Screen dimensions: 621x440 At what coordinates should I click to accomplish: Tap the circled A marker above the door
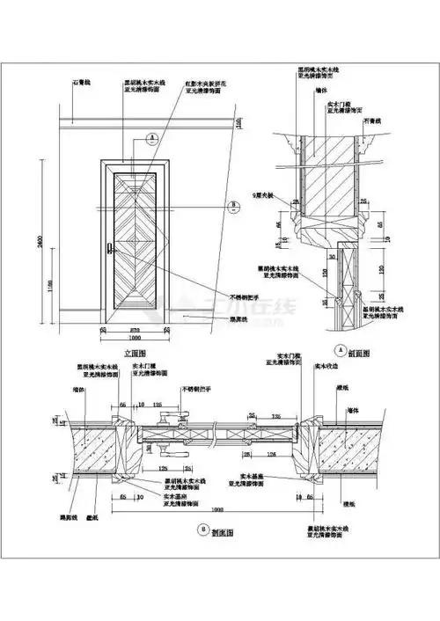[x=152, y=138]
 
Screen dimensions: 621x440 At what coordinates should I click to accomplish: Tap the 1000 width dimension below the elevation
[x=133, y=339]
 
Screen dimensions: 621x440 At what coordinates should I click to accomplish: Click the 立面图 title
[x=133, y=349]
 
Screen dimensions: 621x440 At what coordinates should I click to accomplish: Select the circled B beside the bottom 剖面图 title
[x=204, y=531]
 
